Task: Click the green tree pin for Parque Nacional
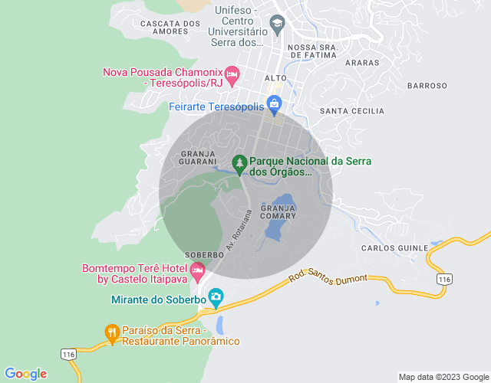pyautogui.click(x=240, y=164)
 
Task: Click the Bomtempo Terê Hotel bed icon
pyautogui.click(x=198, y=270)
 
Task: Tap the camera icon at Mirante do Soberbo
pyautogui.click(x=216, y=296)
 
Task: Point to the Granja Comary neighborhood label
pyautogui.click(x=278, y=212)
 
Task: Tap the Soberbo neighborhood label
pyautogui.click(x=204, y=254)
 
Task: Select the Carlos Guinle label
pyautogui.click(x=393, y=248)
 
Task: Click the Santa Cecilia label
pyautogui.click(x=351, y=111)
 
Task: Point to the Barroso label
pyautogui.click(x=427, y=86)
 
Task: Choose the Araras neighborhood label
pyautogui.click(x=362, y=63)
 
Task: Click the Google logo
pyautogui.click(x=25, y=374)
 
